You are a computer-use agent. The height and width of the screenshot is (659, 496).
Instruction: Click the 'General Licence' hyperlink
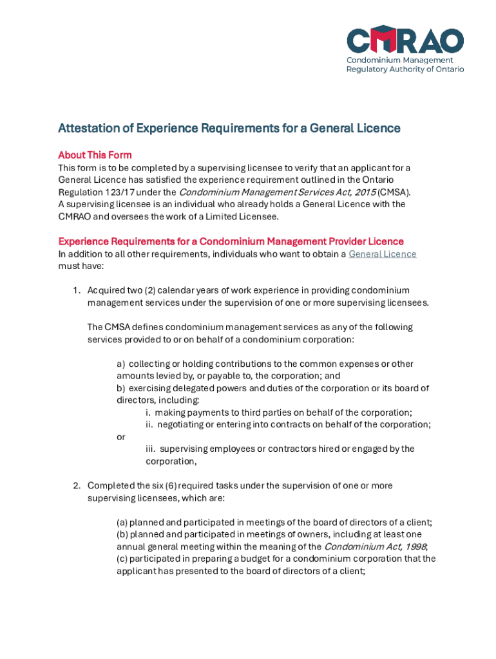tap(382, 254)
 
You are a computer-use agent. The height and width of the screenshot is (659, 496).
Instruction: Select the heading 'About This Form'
tap(95, 155)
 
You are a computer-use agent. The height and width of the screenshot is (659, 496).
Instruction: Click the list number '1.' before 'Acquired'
tap(76, 291)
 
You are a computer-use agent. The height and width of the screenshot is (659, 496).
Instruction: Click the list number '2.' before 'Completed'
tap(76, 486)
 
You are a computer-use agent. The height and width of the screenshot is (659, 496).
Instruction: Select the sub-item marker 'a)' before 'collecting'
tap(121, 364)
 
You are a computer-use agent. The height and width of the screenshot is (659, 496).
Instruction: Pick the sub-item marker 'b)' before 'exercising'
tap(121, 389)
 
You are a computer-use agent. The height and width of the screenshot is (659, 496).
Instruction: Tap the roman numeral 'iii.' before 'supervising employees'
tap(151, 449)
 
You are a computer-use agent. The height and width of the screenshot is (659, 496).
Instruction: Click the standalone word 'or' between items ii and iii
tap(121, 437)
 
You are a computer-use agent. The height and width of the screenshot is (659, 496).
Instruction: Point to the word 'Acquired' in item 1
tap(106, 291)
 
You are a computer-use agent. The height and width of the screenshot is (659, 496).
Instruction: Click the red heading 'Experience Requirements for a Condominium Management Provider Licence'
tap(231, 241)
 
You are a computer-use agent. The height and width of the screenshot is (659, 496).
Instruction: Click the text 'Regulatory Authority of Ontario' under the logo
tap(405, 70)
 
